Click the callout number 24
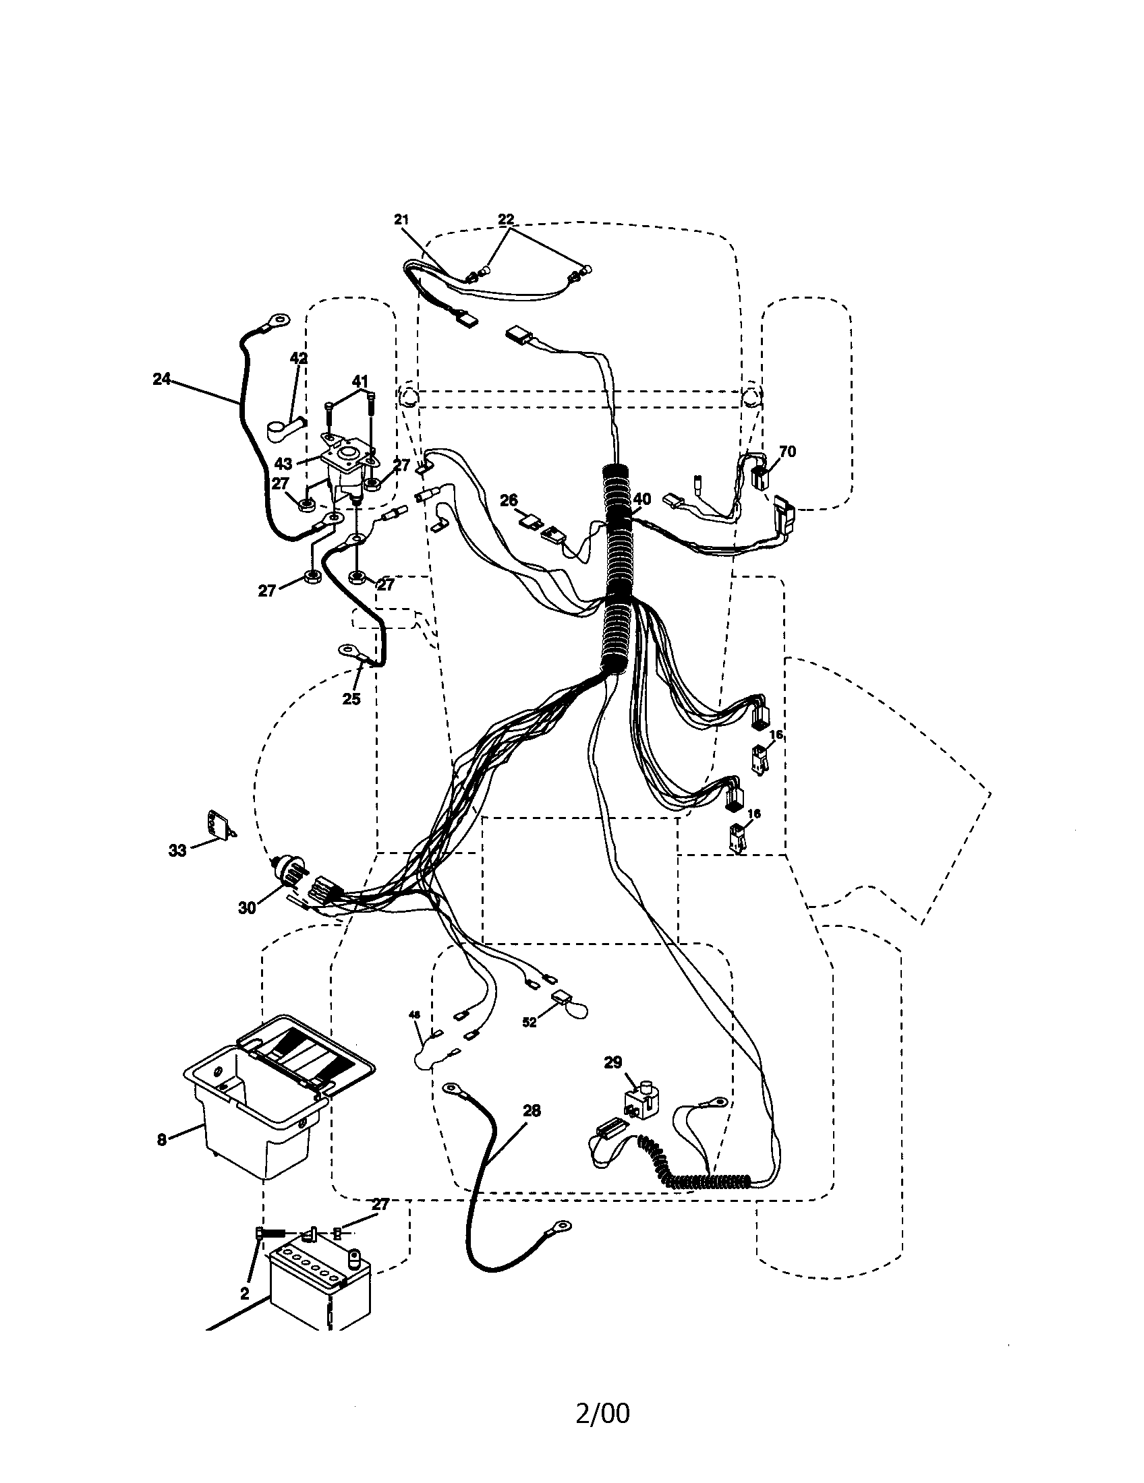click(x=161, y=379)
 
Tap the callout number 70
click(x=787, y=452)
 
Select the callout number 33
click(x=177, y=851)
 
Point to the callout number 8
click(x=162, y=1139)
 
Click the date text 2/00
click(x=602, y=1414)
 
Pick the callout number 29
click(x=612, y=1062)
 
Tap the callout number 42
click(x=299, y=358)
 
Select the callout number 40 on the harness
click(x=641, y=499)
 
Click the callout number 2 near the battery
click(x=245, y=1294)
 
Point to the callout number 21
click(x=401, y=219)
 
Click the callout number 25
click(x=351, y=698)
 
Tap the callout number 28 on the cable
click(x=532, y=1111)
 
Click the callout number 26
click(x=509, y=501)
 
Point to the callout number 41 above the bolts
click(x=360, y=380)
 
